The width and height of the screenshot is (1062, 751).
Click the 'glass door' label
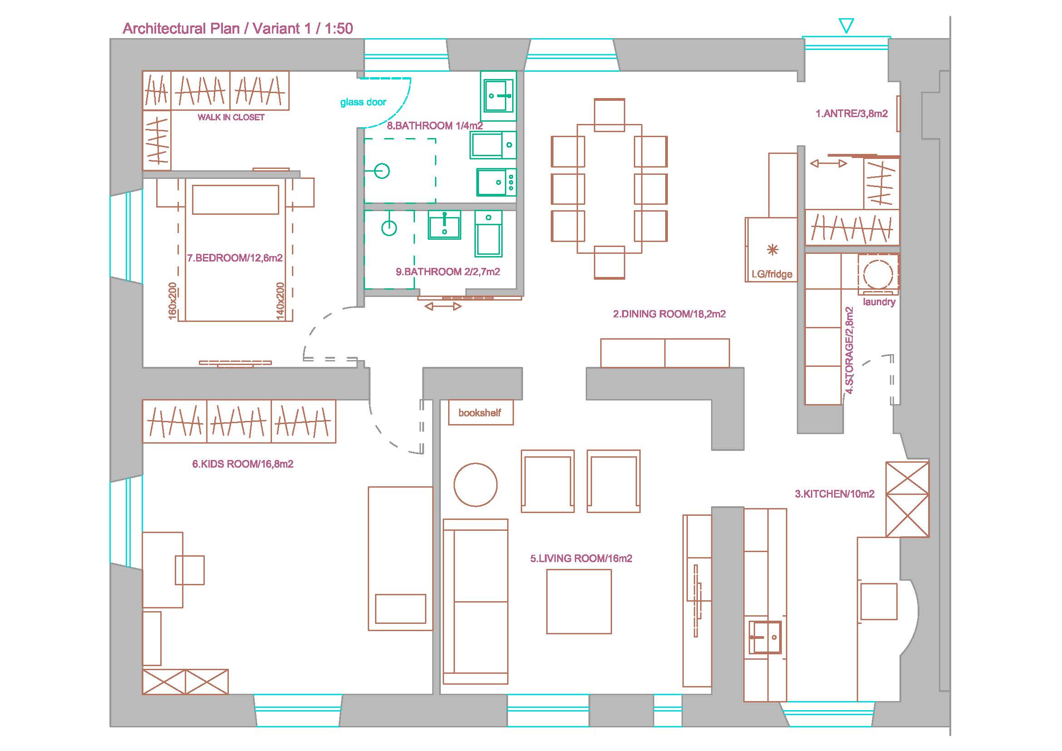pos(363,102)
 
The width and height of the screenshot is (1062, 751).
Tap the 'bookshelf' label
pos(479,412)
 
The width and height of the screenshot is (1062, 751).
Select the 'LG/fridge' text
pos(771,274)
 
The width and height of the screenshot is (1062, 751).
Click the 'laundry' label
pos(879,302)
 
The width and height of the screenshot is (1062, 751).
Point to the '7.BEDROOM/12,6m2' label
pos(235,258)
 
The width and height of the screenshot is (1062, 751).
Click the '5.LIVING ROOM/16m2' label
pos(581,558)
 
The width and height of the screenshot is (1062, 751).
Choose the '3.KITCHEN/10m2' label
pos(835,494)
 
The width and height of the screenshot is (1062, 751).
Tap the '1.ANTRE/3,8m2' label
pos(851,114)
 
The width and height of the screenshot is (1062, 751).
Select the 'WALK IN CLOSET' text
pos(231,118)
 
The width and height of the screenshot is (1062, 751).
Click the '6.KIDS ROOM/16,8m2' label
pos(243,464)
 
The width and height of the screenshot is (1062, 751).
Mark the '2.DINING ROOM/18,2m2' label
pos(669,314)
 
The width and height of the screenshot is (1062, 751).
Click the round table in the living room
pos(475,484)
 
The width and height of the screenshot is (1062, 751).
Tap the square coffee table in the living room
pos(578,601)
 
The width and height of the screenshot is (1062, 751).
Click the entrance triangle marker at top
pos(846,25)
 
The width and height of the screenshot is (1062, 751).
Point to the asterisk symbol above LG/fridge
pos(772,250)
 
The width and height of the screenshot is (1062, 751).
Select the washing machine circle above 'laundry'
pos(878,275)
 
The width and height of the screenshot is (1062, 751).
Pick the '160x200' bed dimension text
pos(173,301)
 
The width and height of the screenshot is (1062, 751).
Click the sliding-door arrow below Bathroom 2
pos(443,306)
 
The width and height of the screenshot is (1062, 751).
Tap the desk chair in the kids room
pos(190,570)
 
